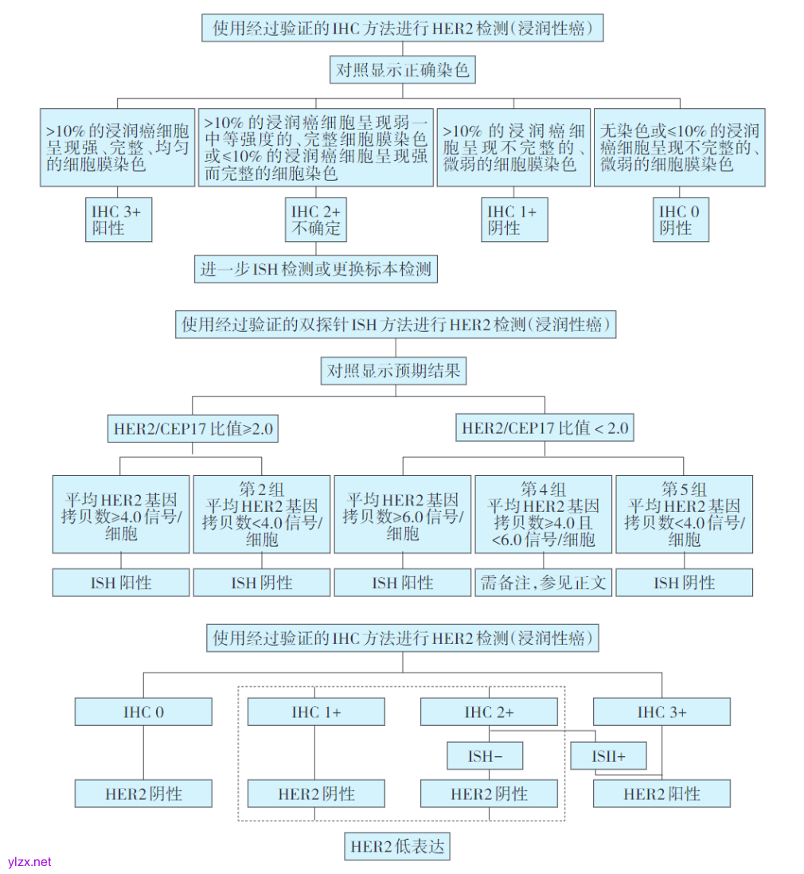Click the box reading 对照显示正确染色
pyautogui.click(x=402, y=70)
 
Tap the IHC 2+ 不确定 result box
pyautogui.click(x=316, y=220)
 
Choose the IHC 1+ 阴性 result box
pyautogui.click(x=517, y=220)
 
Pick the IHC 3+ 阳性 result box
pyautogui.click(x=119, y=220)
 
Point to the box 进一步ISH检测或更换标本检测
pyautogui.click(x=316, y=269)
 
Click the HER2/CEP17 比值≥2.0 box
pyautogui.click(x=193, y=428)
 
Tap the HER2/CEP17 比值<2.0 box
pyautogui.click(x=544, y=428)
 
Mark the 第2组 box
pyautogui.click(x=262, y=514)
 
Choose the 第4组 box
pyautogui.click(x=544, y=514)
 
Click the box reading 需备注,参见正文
pyautogui.click(x=544, y=583)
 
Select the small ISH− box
pyautogui.click(x=485, y=756)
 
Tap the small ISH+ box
pyautogui.click(x=608, y=756)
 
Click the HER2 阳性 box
pyautogui.click(x=662, y=794)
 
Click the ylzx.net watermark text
pyautogui.click(x=29, y=861)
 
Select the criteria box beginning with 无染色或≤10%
pyautogui.click(x=680, y=148)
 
